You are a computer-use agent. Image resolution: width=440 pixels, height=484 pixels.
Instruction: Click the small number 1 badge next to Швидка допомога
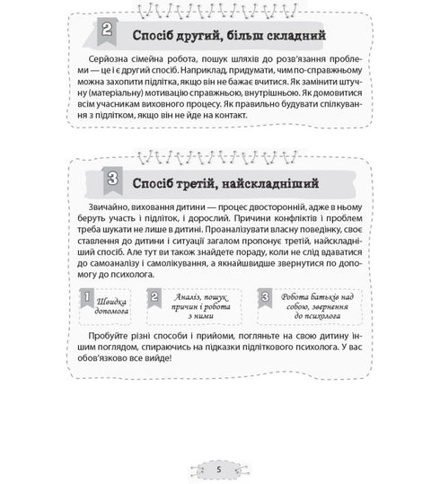(x=83, y=297)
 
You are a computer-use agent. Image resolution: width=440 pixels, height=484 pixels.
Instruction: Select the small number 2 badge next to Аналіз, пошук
(x=155, y=297)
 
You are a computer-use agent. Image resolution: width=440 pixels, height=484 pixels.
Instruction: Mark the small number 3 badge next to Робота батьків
(x=264, y=297)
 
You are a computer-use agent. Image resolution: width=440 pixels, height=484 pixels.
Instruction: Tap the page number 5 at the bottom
(x=219, y=468)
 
